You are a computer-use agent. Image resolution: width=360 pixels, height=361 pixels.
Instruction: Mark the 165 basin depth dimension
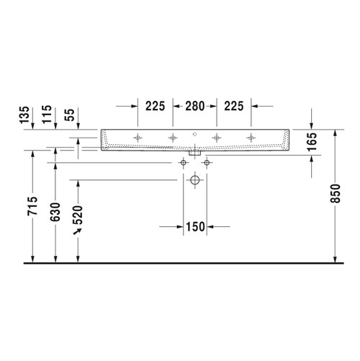[x=311, y=141]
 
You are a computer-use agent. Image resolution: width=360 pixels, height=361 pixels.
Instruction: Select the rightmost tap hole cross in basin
[x=251, y=135]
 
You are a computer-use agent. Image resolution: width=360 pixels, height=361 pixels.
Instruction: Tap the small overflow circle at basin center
[x=194, y=135]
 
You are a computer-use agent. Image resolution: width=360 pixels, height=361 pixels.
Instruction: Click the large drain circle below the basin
[x=194, y=182]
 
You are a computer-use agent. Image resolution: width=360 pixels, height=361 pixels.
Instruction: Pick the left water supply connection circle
[x=182, y=163]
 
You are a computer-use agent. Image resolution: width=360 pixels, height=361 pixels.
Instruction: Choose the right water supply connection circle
[x=207, y=163]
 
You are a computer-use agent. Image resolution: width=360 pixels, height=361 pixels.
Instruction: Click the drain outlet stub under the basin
[x=194, y=153]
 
